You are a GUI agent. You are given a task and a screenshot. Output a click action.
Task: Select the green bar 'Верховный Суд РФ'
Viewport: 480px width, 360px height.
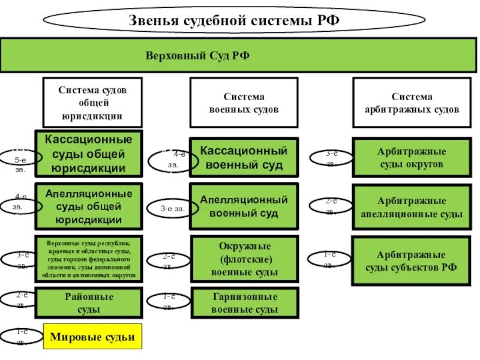point(240,55)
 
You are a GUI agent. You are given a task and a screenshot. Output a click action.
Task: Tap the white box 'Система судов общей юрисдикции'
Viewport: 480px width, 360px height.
point(92,102)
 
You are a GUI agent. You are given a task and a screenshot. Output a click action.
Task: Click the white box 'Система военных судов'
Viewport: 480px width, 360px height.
point(244,103)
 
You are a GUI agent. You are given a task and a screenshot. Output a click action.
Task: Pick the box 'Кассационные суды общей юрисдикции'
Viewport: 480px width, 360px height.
point(89,154)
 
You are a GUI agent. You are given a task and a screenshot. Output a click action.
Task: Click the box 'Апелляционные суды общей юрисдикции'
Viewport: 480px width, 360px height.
point(89,206)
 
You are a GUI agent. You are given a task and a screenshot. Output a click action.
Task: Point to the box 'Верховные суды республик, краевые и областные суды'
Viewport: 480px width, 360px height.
point(89,259)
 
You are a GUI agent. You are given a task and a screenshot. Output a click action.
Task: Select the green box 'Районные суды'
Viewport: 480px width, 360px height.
point(89,302)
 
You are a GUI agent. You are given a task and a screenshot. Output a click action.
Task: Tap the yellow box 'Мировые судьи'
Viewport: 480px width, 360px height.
point(92,337)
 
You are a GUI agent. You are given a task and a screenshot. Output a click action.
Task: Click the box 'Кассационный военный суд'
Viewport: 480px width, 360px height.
point(244,157)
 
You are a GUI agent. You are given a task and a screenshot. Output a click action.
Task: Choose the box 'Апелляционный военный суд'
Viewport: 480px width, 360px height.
point(244,206)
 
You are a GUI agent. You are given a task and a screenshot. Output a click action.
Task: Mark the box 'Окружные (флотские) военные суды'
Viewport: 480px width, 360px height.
point(244,259)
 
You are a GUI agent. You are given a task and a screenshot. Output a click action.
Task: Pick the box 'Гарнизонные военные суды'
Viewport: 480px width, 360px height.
point(244,303)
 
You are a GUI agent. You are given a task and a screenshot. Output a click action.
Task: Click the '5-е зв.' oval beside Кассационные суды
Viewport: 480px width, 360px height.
point(20,160)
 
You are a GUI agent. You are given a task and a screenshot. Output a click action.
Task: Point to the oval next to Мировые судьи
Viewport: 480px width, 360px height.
point(21,337)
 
